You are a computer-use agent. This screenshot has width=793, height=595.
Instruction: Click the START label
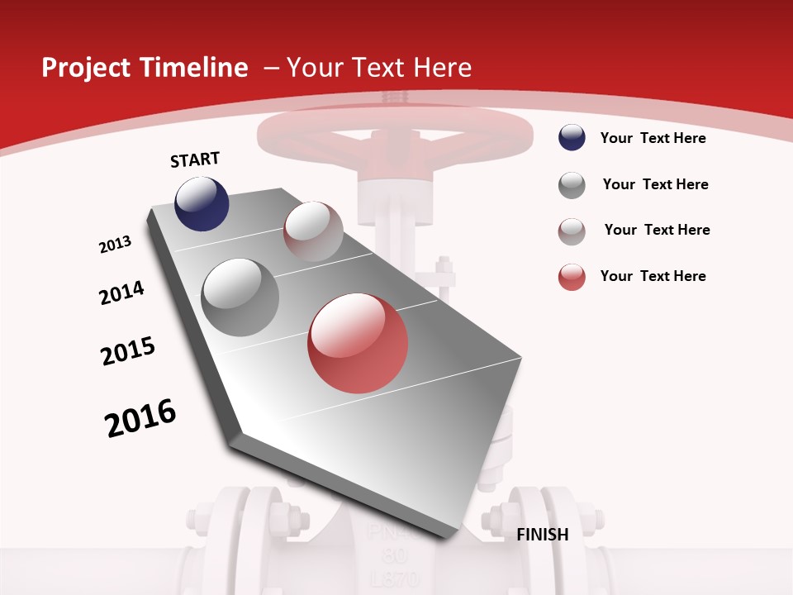coord(195,159)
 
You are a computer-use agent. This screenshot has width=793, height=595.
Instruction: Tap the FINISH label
coord(542,535)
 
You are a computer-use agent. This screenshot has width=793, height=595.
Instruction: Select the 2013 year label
coord(116,245)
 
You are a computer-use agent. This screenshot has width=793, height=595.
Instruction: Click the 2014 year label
coord(122,293)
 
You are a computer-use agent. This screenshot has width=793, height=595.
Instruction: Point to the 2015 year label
coord(128,350)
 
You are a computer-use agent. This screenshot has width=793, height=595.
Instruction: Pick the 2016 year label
coord(140,417)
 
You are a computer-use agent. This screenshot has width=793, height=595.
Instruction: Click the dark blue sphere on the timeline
coord(202,203)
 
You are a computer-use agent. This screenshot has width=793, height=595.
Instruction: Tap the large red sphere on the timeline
coord(358,343)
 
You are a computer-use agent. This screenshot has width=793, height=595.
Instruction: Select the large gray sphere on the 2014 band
coord(240,297)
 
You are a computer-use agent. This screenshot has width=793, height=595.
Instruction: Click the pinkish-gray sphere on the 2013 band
coord(313,231)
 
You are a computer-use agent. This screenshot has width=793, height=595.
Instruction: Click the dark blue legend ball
coord(572,138)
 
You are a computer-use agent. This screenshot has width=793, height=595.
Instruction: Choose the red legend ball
coord(572,277)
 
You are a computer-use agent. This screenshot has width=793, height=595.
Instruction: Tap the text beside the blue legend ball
coord(653,138)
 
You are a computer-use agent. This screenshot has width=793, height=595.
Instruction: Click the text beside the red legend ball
coord(653,276)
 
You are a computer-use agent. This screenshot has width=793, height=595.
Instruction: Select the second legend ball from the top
coord(572,185)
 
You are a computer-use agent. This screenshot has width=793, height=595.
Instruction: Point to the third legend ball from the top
coord(572,231)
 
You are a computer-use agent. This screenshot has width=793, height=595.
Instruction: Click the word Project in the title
coord(83,68)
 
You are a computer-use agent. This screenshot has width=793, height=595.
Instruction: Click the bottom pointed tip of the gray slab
coord(446,540)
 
